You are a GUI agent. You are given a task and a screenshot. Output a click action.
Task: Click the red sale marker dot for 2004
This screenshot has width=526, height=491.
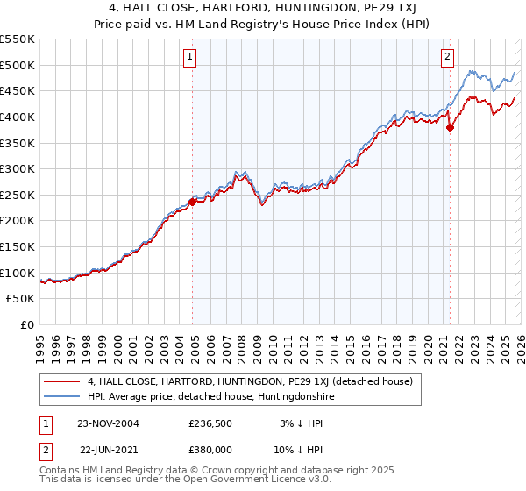193,202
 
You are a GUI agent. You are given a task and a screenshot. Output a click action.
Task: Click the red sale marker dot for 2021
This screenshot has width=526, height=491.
450,127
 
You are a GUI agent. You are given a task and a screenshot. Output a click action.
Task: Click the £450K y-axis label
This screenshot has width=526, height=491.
18,90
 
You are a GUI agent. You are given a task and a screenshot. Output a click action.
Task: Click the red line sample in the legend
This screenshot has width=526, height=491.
62,381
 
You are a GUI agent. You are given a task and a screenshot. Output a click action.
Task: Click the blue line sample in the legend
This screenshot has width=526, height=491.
62,396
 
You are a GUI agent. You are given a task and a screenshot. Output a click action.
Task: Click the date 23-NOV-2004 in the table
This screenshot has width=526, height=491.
108,423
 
